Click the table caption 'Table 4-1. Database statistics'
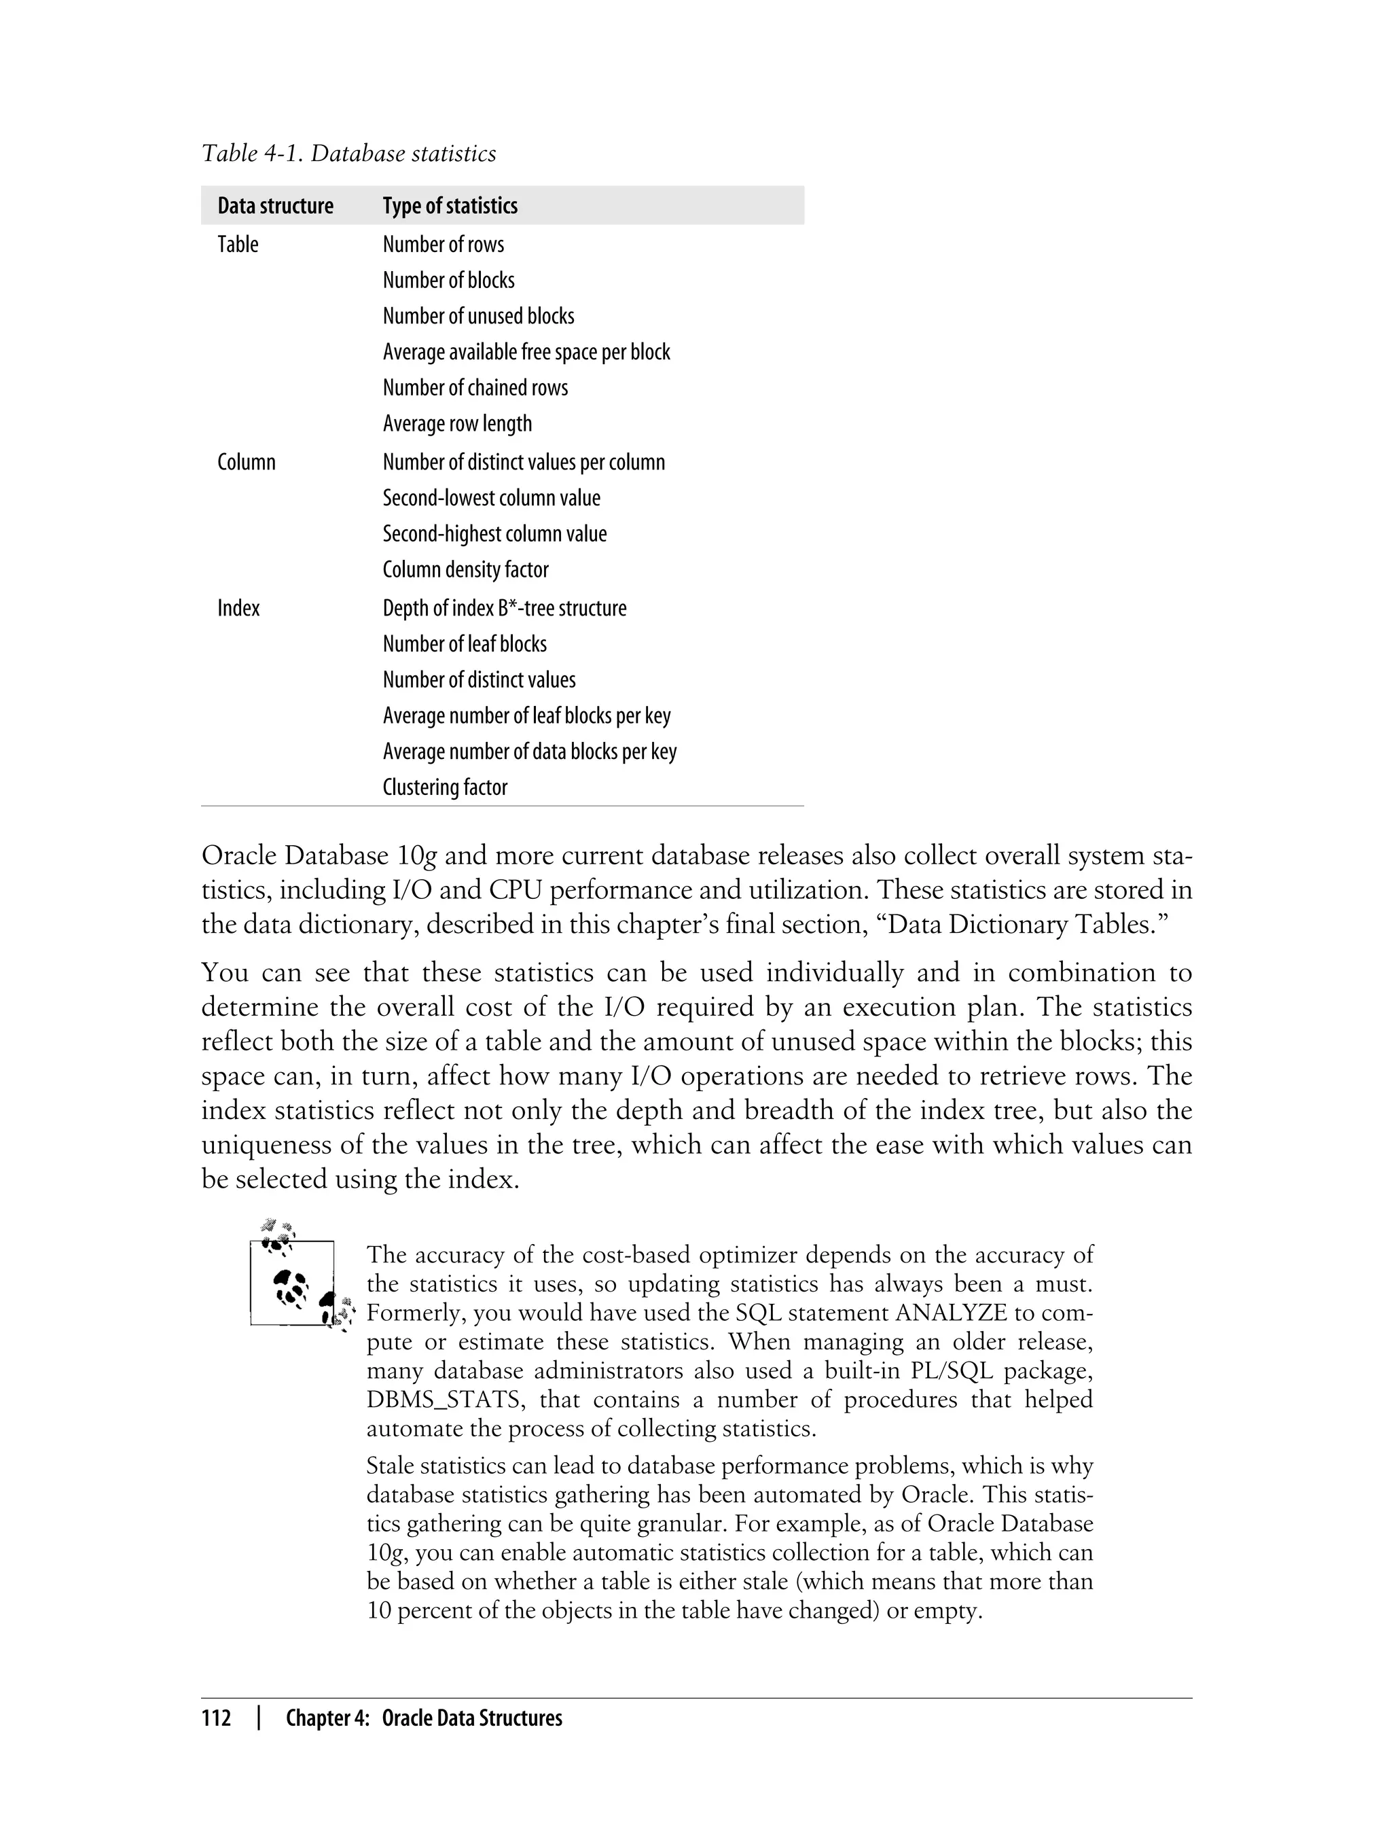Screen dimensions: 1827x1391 coord(348,154)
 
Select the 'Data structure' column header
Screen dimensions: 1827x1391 coord(275,207)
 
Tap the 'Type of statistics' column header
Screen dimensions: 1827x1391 coord(450,207)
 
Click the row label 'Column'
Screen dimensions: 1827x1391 coord(246,462)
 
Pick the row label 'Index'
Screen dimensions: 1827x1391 coord(238,609)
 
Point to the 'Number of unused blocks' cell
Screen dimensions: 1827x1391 coord(477,317)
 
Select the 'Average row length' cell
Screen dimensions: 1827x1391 coord(457,424)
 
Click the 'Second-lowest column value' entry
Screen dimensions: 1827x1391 coord(491,499)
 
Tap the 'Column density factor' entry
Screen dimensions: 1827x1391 coord(465,570)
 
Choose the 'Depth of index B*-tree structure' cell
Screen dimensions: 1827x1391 coord(504,609)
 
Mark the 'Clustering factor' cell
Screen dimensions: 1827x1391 coord(445,787)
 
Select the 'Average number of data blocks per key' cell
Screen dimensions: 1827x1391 coord(529,752)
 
